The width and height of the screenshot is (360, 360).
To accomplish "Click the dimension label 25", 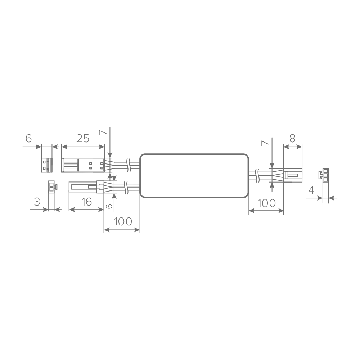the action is point(83,139).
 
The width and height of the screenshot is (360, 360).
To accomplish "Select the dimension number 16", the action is point(87,202).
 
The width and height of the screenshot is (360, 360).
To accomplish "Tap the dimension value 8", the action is point(292,139).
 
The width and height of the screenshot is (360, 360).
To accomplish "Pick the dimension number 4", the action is point(311,190).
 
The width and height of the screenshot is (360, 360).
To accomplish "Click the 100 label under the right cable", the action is point(266,203).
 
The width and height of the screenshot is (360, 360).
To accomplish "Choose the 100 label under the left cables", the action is point(123,221).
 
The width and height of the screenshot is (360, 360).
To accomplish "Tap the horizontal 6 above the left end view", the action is point(28,139).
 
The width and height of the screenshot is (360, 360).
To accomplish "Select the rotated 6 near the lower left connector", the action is point(109,206).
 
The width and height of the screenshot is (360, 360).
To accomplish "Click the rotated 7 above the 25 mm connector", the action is point(103,132).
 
